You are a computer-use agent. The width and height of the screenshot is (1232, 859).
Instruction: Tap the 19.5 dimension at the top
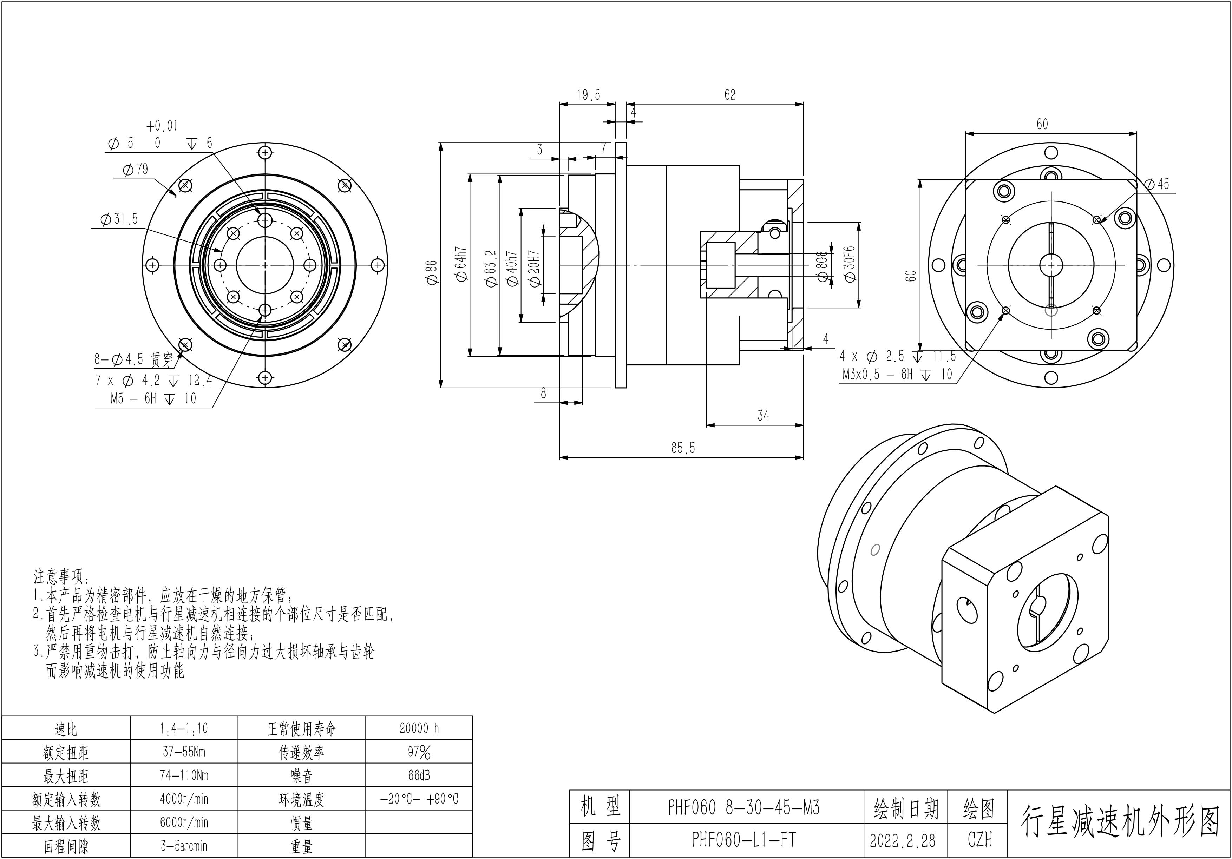coord(588,95)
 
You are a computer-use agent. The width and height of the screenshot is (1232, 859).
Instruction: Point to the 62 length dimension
coord(730,95)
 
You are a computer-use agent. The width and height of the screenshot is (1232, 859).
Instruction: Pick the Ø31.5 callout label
coord(119,219)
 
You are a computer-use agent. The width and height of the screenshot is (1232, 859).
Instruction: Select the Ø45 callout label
coord(1157,184)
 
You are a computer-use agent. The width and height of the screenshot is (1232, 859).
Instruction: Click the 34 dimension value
coord(763,416)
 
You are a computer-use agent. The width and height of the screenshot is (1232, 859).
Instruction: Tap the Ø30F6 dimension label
coord(850,264)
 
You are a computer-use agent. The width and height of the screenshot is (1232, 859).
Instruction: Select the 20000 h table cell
coord(419,728)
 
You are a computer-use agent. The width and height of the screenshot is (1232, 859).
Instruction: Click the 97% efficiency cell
coord(419,752)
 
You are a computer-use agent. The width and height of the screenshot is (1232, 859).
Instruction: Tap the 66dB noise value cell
coord(419,775)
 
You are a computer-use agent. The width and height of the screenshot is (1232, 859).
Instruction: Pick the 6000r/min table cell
coord(184,822)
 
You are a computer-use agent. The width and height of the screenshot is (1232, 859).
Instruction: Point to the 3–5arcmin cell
coord(184,846)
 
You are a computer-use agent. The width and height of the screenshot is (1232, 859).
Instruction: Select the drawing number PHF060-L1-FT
coord(744,840)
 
